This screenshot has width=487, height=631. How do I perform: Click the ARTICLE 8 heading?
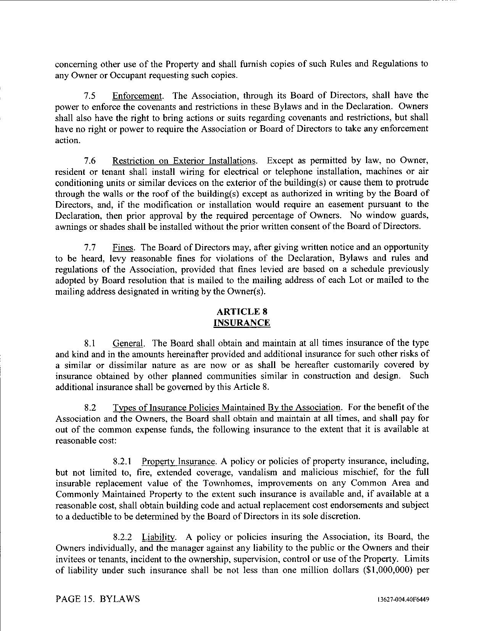pos(242,311)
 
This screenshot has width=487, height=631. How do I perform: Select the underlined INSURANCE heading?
pos(242,323)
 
